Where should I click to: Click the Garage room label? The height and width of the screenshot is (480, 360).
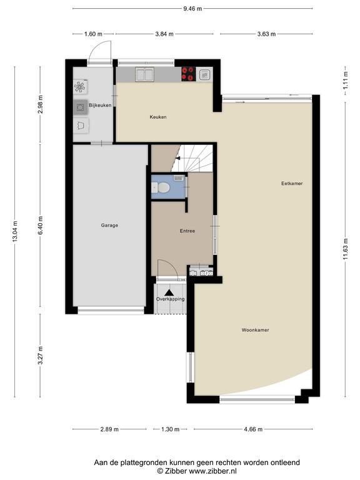[109, 225]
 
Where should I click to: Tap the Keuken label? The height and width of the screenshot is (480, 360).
[158, 117]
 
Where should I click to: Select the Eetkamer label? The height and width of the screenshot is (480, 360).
[292, 183]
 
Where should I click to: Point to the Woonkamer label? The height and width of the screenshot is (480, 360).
[255, 330]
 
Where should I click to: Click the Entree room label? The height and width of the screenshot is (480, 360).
[187, 231]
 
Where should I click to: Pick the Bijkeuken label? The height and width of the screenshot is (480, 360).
[100, 105]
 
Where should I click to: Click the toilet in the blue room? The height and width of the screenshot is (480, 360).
[161, 187]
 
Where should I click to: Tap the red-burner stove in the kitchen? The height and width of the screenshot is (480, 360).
[189, 74]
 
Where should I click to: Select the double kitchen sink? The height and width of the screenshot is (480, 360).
[144, 74]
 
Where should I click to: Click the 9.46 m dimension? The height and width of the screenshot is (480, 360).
[192, 9]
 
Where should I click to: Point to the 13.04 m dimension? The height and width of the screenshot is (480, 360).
[15, 231]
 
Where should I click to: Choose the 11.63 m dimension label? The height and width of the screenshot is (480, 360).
[345, 249]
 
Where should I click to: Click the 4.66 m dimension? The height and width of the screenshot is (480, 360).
[253, 429]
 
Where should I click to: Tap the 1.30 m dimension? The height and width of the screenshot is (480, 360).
[170, 429]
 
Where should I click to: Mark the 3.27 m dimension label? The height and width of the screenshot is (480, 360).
[40, 356]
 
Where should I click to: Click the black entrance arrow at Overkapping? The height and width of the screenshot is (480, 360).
[169, 292]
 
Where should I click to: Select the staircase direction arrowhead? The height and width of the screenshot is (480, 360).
[177, 158]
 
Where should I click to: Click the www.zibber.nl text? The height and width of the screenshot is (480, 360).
[212, 471]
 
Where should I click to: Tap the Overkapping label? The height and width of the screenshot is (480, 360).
[170, 299]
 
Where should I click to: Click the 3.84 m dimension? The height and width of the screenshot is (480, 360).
[164, 34]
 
